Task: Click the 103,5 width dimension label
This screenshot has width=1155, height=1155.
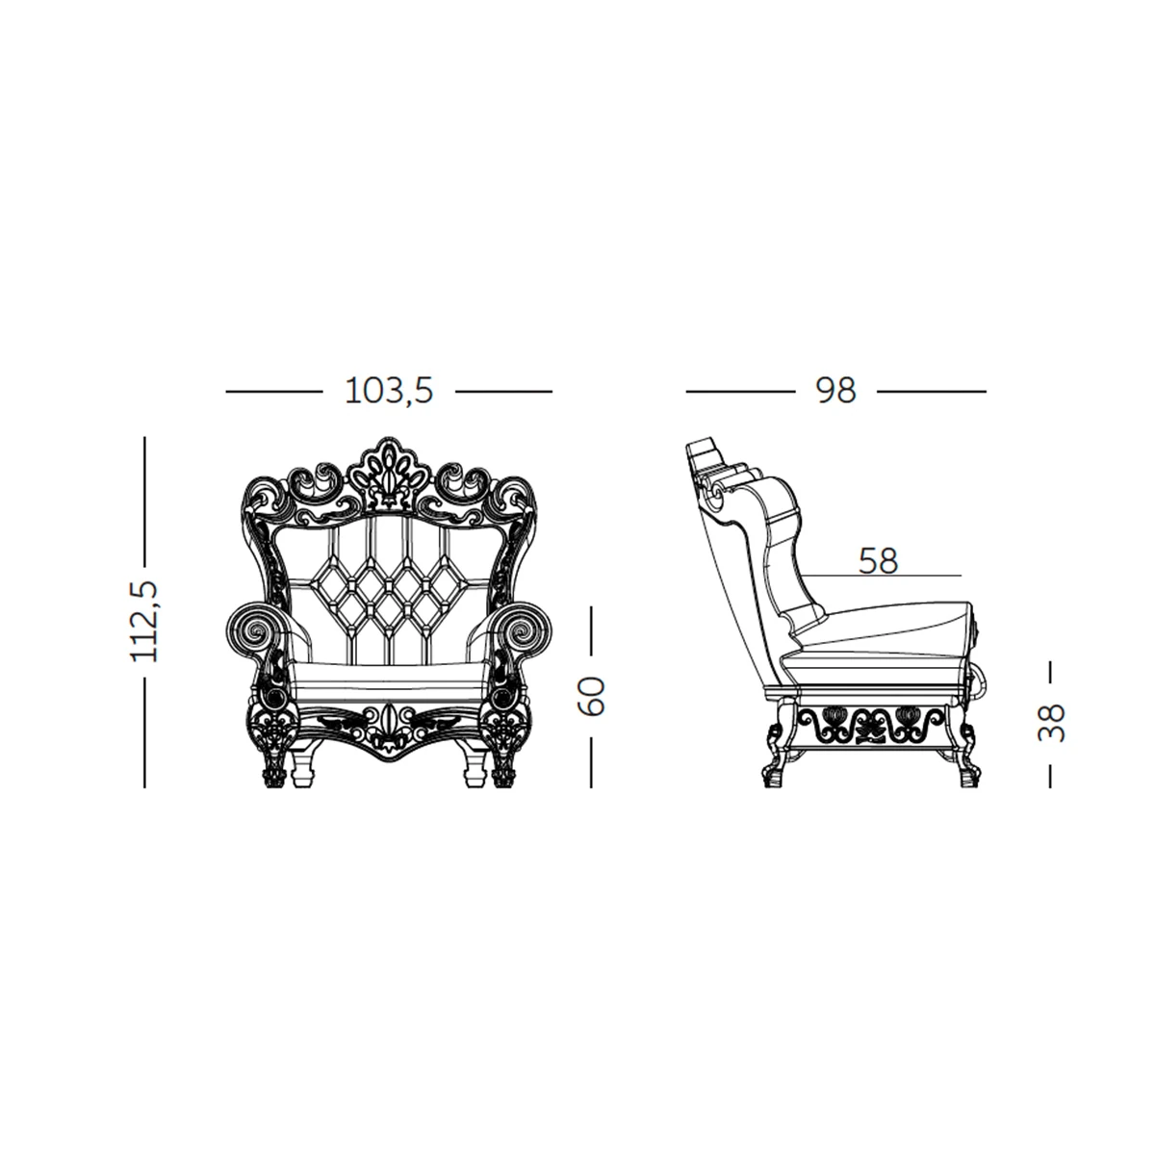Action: (x=389, y=392)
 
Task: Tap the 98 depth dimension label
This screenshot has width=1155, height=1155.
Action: (x=835, y=392)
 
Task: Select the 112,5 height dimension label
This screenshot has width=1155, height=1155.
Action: (x=144, y=621)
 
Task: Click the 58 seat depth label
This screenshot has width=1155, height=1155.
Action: (x=878, y=561)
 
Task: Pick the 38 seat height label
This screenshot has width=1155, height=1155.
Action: (x=1051, y=723)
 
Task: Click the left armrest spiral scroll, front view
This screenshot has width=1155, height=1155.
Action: (x=255, y=629)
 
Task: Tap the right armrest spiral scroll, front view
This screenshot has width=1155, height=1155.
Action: (x=524, y=629)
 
